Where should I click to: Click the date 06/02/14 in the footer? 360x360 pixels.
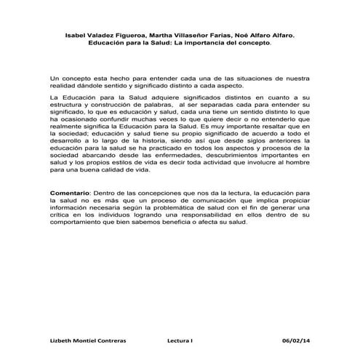[295, 340]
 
